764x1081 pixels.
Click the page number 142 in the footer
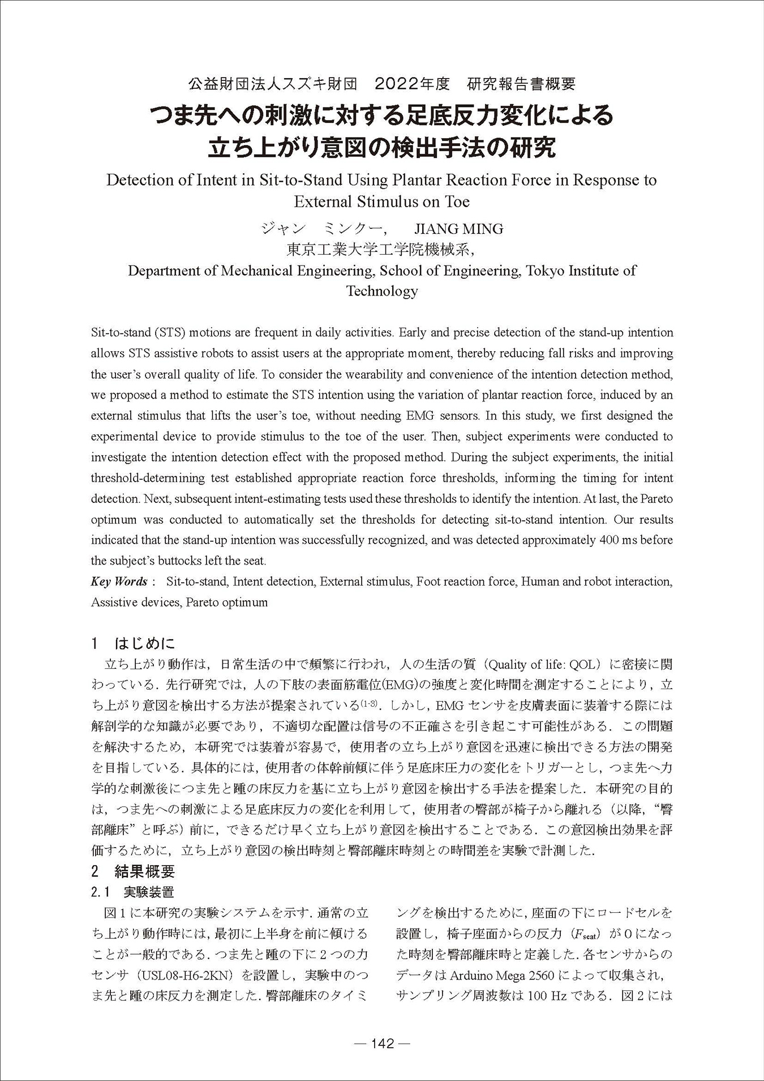pyautogui.click(x=382, y=1044)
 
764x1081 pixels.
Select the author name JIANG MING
pyautogui.click(x=458, y=229)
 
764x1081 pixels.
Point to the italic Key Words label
pyautogui.click(x=119, y=582)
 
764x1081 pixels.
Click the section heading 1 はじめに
pyautogui.click(x=133, y=643)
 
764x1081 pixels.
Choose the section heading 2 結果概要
pyautogui.click(x=133, y=871)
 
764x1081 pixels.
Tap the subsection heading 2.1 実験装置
pyautogui.click(x=133, y=892)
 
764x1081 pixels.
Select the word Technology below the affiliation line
pyautogui.click(x=382, y=291)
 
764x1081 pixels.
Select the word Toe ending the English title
pyautogui.click(x=457, y=202)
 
